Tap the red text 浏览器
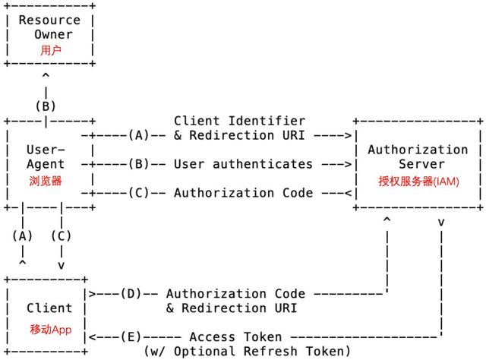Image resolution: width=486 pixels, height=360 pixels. tap(46, 182)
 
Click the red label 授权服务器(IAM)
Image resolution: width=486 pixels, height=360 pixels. tap(418, 182)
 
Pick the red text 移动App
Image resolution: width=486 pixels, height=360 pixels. tap(50, 329)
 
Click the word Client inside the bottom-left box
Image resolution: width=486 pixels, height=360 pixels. tap(49, 308)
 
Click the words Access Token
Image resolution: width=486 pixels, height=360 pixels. tap(235, 336)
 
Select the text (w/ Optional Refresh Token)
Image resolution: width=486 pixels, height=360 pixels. tap(247, 351)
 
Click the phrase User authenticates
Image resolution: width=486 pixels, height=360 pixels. tap(243, 163)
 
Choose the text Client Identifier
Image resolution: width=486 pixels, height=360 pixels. tap(239, 121)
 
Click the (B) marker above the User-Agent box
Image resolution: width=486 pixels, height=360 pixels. tap(46, 106)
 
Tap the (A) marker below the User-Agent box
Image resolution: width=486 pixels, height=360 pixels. tap(23, 235)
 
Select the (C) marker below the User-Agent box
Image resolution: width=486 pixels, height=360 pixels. tap(61, 235)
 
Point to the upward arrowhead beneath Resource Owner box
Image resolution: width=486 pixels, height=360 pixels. tap(46, 77)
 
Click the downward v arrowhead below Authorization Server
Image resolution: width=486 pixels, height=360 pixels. tap(441, 222)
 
